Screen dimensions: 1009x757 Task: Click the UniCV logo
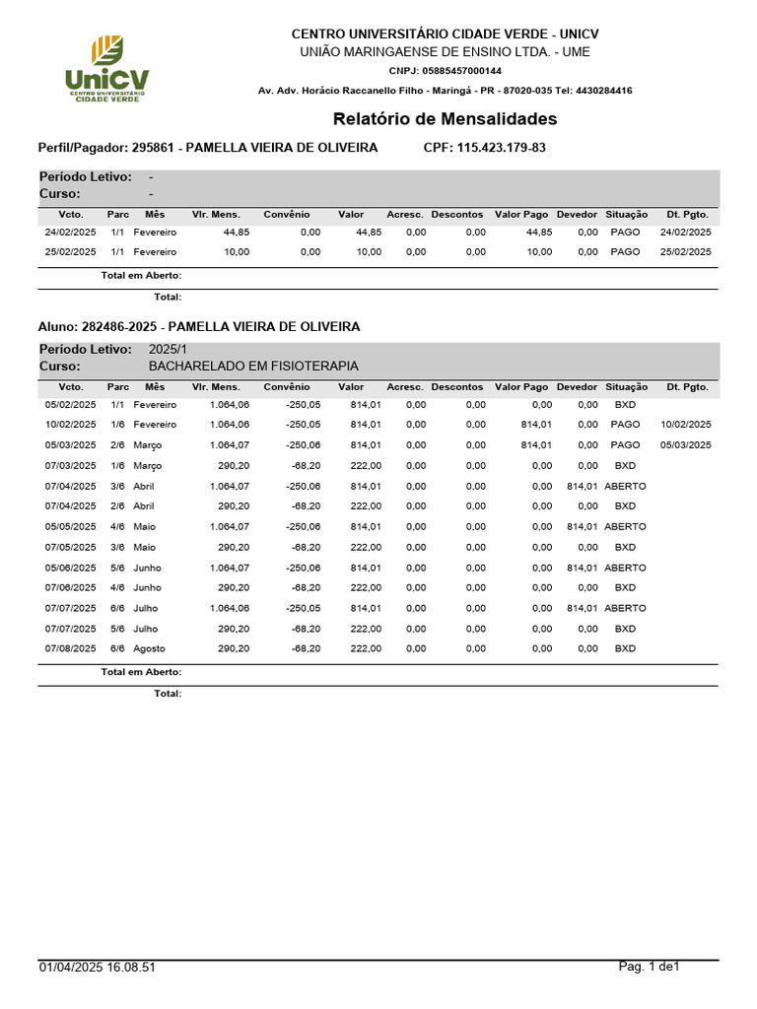pos(106,68)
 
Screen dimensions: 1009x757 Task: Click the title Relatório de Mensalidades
pos(445,119)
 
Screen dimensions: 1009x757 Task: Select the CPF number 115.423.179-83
pos(502,148)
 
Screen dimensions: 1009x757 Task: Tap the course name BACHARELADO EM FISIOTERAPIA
pos(253,366)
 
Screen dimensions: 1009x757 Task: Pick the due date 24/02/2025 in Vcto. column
pos(70,233)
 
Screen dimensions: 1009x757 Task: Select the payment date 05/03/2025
pos(685,445)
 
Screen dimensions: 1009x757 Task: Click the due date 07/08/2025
pos(70,648)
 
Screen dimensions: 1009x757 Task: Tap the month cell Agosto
pos(150,648)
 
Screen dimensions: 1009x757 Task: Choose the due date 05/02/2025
pos(70,405)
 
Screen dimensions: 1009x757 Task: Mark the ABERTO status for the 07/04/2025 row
pos(625,486)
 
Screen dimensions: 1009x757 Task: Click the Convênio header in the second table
pos(286,387)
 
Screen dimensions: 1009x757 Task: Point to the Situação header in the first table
pos(627,214)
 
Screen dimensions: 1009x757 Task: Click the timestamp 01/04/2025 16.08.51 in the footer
pos(98,968)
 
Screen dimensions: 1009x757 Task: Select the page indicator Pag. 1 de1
pos(650,967)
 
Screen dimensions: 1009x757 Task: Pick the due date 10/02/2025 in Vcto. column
pos(70,425)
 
